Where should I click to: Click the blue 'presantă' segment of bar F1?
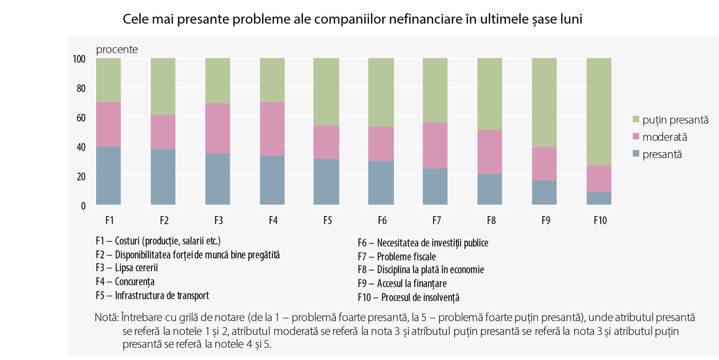click(x=108, y=176)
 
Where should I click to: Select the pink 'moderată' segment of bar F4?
click(x=272, y=129)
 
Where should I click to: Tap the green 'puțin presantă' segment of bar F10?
click(x=599, y=112)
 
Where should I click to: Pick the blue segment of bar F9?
click(x=544, y=192)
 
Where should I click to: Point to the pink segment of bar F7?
click(x=435, y=145)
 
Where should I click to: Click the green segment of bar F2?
click(x=163, y=86)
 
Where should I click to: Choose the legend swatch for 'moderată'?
click(x=636, y=137)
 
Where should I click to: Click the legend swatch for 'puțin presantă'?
click(x=636, y=119)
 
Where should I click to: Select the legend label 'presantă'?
click(x=662, y=154)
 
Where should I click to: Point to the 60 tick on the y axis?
click(x=81, y=118)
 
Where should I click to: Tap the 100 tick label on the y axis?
click(x=79, y=59)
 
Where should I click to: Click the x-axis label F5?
click(x=328, y=220)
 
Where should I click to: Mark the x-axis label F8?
click(x=491, y=220)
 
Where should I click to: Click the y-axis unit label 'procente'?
click(x=117, y=50)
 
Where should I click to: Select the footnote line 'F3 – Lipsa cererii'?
click(x=127, y=268)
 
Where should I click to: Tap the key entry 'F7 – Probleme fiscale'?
click(x=397, y=257)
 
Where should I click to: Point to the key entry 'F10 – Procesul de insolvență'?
click(x=408, y=297)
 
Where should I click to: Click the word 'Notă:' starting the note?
click(x=107, y=317)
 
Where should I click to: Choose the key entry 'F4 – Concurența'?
click(x=125, y=282)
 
